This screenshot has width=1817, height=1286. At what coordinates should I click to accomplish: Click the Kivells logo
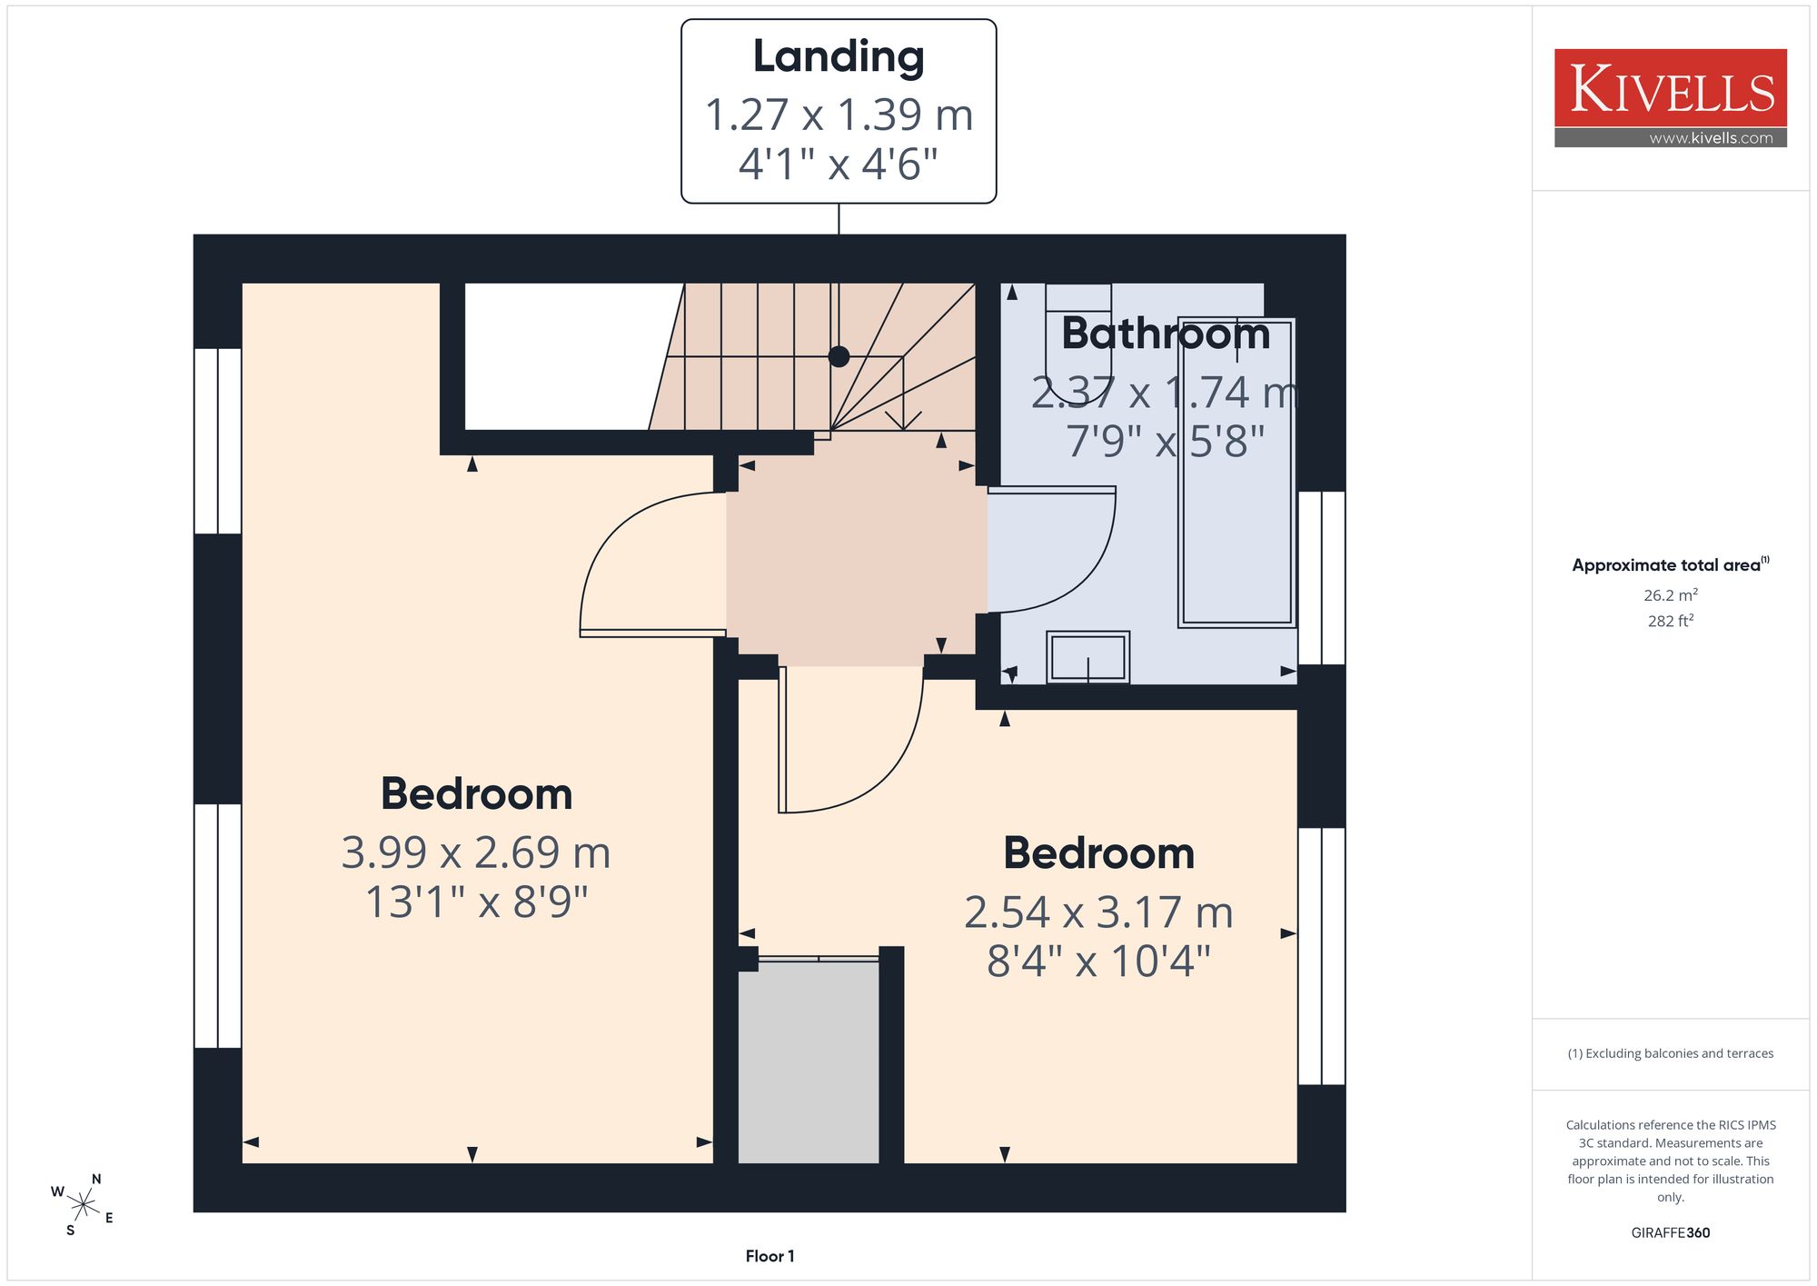tap(1670, 98)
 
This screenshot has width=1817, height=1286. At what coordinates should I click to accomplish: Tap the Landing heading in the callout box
tap(839, 56)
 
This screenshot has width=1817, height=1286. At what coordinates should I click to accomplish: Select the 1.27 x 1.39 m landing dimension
tap(839, 115)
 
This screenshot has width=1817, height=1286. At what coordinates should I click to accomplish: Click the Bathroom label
tap(1166, 334)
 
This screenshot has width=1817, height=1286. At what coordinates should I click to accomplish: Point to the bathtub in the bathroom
tap(1236, 473)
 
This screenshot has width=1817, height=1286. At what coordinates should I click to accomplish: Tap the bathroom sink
tap(1087, 657)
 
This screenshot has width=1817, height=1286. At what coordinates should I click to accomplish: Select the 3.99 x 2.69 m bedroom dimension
tap(476, 852)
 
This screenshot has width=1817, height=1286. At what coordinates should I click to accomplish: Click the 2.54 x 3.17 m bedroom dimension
tap(1098, 912)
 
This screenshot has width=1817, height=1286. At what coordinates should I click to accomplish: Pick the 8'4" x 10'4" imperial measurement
tap(1098, 961)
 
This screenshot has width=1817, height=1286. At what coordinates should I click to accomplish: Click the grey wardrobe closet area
tap(809, 1062)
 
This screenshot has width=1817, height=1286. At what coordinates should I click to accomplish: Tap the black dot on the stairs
tap(839, 356)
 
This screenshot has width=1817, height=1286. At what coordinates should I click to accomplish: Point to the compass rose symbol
tap(83, 1206)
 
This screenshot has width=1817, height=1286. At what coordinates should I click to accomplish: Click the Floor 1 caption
tap(769, 1256)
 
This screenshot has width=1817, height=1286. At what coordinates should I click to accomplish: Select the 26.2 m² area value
tap(1670, 595)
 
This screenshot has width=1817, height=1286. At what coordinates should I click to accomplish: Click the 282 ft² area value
tap(1670, 621)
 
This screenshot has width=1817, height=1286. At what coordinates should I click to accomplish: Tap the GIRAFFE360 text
tap(1670, 1232)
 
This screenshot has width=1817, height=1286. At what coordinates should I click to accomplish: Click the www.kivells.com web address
tap(1711, 138)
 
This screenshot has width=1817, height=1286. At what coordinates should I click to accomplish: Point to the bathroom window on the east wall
tap(1321, 578)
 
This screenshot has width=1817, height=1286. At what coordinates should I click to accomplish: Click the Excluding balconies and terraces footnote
tap(1670, 1053)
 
